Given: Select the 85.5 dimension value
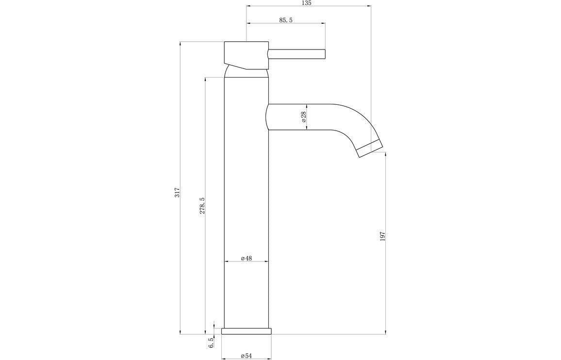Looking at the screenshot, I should [x=285, y=20].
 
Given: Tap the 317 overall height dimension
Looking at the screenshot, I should [x=178, y=192].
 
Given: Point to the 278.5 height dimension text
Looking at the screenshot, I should [x=202, y=205].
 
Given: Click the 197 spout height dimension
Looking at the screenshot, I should [x=382, y=237].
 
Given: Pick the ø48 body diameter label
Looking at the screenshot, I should [x=247, y=259].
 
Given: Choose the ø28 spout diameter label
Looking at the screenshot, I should [x=303, y=117].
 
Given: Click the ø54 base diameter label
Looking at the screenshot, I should [x=247, y=356].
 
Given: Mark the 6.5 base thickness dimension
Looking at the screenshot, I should [x=211, y=343].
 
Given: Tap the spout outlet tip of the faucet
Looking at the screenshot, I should [x=370, y=148].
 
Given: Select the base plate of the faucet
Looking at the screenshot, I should [x=247, y=331].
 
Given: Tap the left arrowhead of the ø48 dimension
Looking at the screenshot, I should [x=226, y=262].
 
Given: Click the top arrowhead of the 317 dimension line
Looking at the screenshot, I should [x=181, y=44].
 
